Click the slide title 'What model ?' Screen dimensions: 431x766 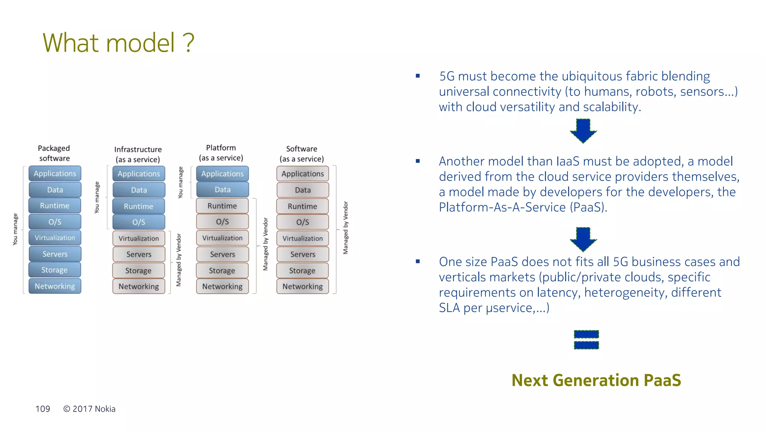(118, 43)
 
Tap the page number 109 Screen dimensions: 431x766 (43, 409)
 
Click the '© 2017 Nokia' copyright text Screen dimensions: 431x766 (89, 409)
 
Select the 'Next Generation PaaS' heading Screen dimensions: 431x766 (596, 380)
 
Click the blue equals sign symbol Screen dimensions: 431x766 (586, 339)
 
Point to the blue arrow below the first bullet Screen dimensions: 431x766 (583, 131)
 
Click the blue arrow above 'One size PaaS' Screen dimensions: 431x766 (583, 239)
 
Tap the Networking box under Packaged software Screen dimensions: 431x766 (55, 286)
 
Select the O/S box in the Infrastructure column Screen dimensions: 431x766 (139, 222)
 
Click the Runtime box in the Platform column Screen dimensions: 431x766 (222, 206)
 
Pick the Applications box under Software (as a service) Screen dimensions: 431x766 (303, 174)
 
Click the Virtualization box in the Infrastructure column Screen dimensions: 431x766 (139, 238)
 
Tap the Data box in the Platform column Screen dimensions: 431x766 (223, 190)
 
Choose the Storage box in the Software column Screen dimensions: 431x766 (302, 270)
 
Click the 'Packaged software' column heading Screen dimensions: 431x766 (54, 153)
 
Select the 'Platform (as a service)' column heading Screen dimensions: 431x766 (221, 153)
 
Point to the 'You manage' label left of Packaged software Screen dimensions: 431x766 (15, 229)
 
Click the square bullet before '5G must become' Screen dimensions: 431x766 (418, 76)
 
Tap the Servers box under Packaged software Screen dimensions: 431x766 (55, 254)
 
